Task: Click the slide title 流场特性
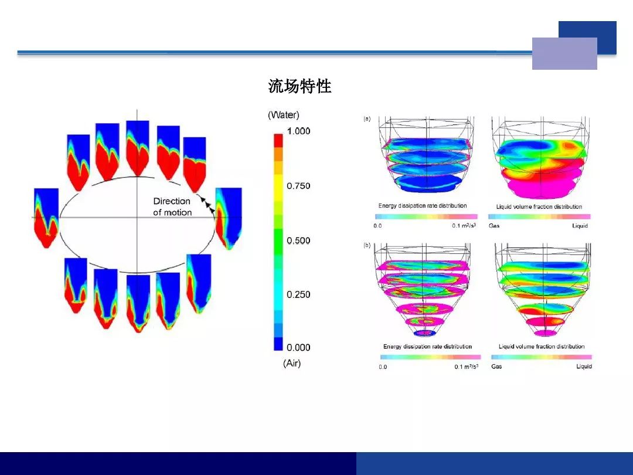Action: click(300, 86)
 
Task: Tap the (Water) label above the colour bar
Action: click(284, 115)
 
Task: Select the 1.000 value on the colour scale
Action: click(299, 131)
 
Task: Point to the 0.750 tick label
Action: click(298, 186)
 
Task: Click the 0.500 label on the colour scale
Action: click(298, 241)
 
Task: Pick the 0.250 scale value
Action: click(298, 294)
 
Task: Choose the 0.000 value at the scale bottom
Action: click(298, 347)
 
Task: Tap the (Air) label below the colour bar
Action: click(292, 363)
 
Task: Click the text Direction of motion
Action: click(172, 207)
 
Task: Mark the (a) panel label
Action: click(367, 118)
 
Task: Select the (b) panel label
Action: click(367, 245)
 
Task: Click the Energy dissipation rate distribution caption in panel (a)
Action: click(423, 206)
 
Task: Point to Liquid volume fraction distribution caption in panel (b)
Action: click(542, 347)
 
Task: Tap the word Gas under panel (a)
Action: click(494, 226)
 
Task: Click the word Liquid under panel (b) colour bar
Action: click(584, 367)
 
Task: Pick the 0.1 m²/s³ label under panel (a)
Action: click(464, 225)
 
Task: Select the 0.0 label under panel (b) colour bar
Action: click(383, 367)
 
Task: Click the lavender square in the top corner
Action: click(564, 54)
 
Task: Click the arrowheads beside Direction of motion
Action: click(208, 205)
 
